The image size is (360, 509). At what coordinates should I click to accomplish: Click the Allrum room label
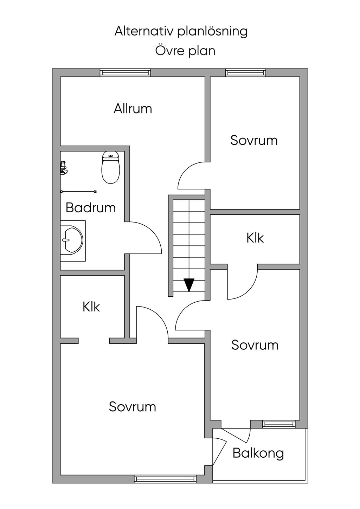click(x=133, y=109)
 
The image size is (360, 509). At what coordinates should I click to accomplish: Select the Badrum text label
click(x=91, y=208)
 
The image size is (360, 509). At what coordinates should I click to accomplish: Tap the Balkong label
click(x=258, y=453)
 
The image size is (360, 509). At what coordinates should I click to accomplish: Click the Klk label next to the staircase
click(x=255, y=238)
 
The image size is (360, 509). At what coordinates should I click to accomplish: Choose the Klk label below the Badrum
click(x=91, y=307)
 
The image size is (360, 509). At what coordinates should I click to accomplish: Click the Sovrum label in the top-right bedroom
click(x=254, y=140)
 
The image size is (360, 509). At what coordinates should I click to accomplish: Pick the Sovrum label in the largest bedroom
click(x=132, y=407)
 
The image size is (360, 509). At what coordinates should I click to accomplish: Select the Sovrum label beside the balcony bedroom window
click(x=255, y=345)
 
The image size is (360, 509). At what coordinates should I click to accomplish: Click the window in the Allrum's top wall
click(x=125, y=72)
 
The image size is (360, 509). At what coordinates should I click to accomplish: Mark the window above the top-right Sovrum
click(x=245, y=72)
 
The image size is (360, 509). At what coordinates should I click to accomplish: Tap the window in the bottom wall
click(x=165, y=479)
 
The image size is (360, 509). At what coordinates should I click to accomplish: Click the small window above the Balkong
click(x=278, y=424)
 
